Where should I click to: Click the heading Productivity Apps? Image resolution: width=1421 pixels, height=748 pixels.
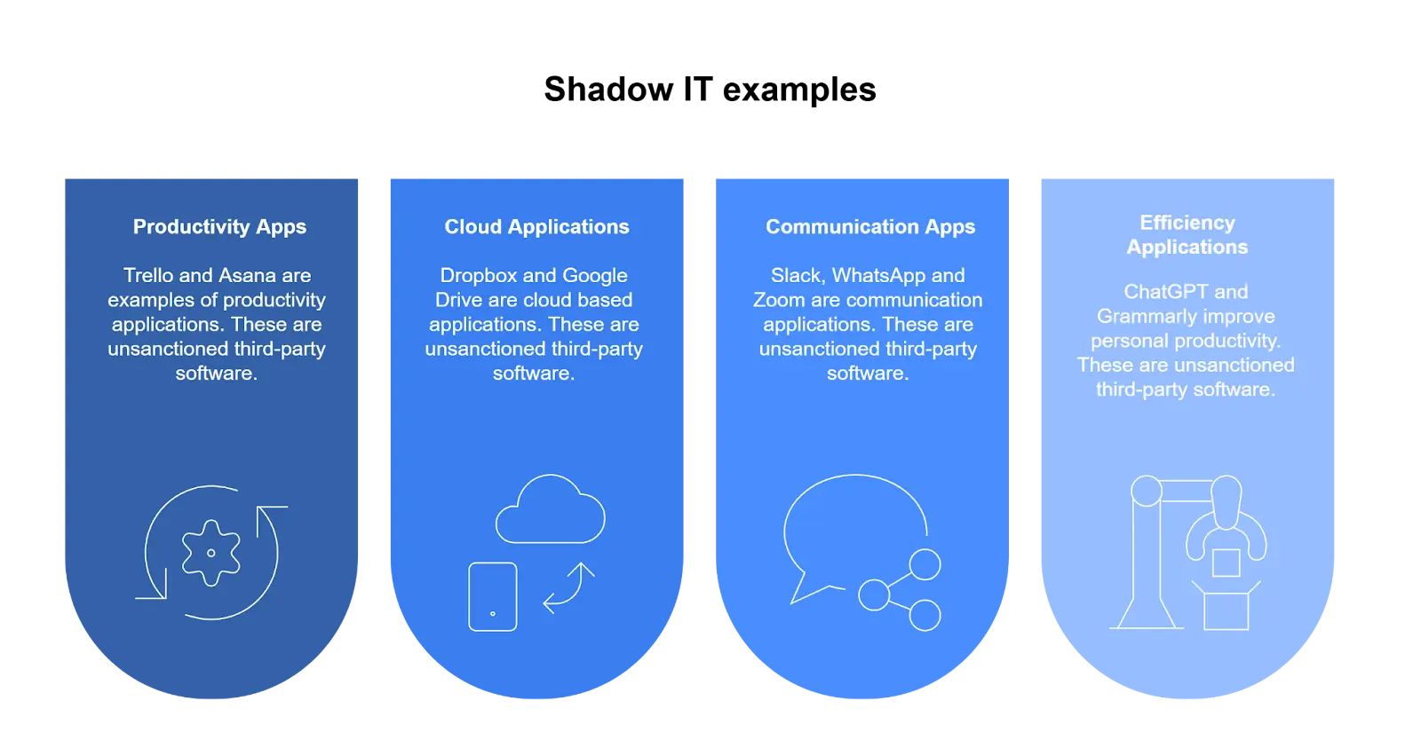tap(219, 227)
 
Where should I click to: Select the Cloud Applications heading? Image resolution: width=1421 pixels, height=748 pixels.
tap(536, 227)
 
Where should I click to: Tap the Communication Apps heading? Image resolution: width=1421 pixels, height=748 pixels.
tap(870, 227)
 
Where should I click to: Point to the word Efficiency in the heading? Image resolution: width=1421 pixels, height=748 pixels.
tap(1187, 223)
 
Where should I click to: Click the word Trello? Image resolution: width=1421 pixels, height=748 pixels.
tap(148, 276)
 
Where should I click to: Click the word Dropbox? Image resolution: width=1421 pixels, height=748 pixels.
tap(479, 276)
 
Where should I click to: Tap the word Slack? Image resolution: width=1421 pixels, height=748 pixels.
tap(797, 276)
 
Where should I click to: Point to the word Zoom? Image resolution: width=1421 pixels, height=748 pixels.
tap(778, 300)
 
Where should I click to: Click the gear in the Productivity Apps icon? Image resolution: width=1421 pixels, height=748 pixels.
tap(210, 553)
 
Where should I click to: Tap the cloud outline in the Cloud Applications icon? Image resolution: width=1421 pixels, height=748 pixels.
tap(550, 511)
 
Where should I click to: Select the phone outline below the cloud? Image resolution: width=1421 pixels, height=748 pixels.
tap(493, 596)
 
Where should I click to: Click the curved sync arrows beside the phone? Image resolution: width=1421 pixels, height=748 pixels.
tap(568, 588)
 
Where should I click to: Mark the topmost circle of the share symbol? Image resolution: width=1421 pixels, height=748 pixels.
tap(925, 564)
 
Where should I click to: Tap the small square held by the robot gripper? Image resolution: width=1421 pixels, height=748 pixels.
tap(1226, 563)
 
